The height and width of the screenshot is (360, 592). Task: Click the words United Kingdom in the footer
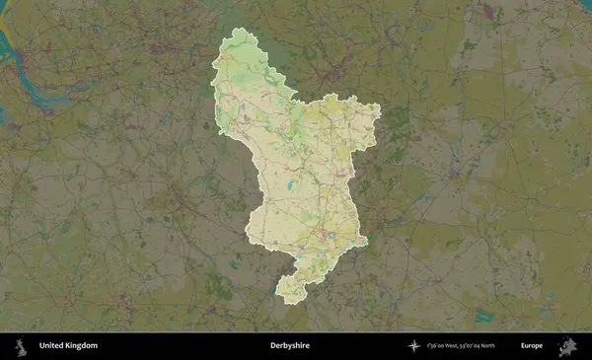pos(68,346)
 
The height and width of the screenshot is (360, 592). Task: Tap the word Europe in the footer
pos(532,346)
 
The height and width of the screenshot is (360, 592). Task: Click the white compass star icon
pos(415,346)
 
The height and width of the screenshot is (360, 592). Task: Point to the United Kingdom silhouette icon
pos(20,346)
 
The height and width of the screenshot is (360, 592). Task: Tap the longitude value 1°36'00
pos(437,346)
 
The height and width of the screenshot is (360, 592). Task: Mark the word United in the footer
pos(50,346)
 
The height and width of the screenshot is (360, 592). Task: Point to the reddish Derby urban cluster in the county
pos(325,235)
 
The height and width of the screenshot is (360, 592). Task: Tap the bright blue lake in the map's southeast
pos(483,317)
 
